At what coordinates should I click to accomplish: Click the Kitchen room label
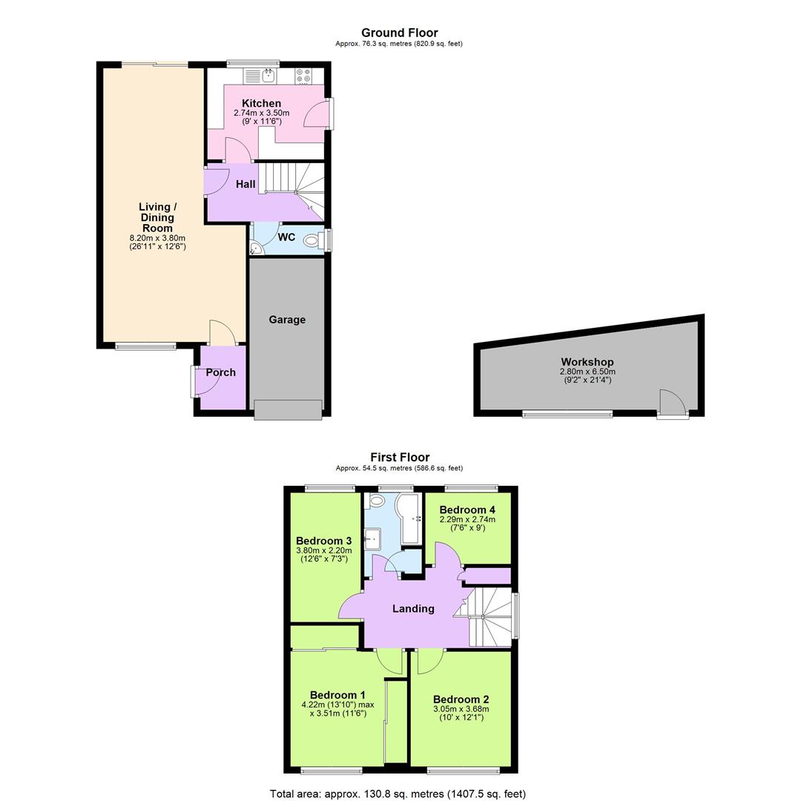tap(262, 103)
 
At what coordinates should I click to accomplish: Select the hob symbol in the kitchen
tap(304, 75)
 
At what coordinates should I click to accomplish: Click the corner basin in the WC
tap(256, 250)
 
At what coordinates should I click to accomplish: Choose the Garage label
tap(287, 320)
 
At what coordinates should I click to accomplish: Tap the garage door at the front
tap(288, 409)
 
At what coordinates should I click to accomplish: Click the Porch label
tap(220, 372)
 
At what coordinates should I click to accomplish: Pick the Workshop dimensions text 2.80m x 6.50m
tap(587, 372)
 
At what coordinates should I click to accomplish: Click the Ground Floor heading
tap(399, 33)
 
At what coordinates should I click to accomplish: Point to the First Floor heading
tap(400, 457)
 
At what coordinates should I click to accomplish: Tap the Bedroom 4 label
tap(467, 510)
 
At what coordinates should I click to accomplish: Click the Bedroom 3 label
tap(323, 541)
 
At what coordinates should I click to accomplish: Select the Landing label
tap(413, 608)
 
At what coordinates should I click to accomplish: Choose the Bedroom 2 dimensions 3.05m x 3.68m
tap(461, 708)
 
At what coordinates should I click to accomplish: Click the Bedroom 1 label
tap(337, 695)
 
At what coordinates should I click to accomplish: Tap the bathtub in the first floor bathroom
tap(409, 519)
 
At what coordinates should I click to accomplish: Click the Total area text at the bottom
tap(398, 794)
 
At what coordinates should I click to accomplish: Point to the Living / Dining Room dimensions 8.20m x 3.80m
tap(157, 238)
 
